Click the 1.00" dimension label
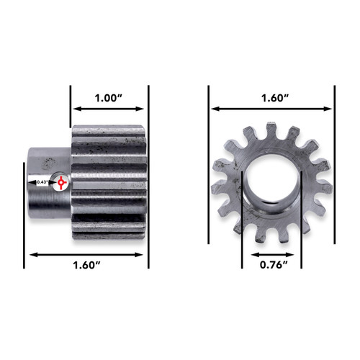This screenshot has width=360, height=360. pyautogui.click(x=109, y=96)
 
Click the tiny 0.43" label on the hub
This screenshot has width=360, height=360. pyautogui.click(x=42, y=182)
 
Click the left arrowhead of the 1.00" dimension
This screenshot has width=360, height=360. pyautogui.click(x=74, y=109)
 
